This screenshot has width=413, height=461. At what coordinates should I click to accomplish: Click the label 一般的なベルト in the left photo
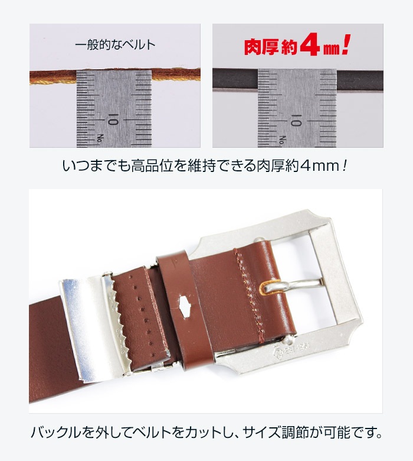115,45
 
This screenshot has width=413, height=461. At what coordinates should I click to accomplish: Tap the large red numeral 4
310,44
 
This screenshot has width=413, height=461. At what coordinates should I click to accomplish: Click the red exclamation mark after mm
346,44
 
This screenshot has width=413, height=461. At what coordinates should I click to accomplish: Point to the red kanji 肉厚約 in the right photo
271,47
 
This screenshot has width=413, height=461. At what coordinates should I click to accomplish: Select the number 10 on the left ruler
113,119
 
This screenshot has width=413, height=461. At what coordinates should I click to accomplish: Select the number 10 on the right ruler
296,120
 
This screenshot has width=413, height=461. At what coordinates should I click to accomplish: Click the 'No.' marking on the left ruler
101,138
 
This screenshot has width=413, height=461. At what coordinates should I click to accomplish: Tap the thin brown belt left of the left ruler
53,77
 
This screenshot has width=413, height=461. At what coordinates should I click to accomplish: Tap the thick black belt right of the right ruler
359,80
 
